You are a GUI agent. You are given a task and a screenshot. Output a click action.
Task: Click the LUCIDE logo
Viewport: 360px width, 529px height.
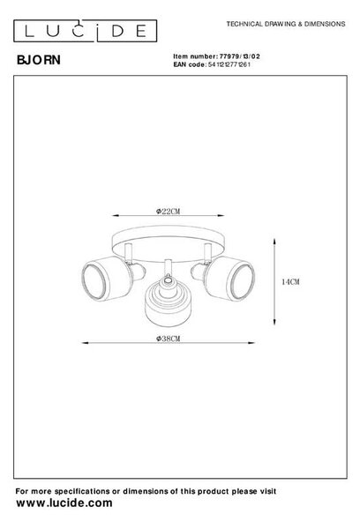pos(85,31)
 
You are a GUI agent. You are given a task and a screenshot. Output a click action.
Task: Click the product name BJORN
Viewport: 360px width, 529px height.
pos(39,60)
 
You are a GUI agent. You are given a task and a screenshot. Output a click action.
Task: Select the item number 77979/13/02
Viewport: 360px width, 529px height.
pos(240,56)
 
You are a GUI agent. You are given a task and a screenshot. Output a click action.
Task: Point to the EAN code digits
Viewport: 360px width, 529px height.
pos(229,64)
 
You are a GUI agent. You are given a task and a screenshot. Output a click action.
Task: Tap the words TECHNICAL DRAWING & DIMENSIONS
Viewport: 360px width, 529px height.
pos(286,24)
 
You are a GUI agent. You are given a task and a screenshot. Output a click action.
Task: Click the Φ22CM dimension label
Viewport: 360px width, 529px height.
pos(168,212)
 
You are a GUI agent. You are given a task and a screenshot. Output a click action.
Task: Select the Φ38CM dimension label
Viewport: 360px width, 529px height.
pos(168,339)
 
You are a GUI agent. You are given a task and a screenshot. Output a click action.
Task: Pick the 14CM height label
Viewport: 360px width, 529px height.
pos(290,282)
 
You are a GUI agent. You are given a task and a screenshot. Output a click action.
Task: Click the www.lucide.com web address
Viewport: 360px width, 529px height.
pos(64,503)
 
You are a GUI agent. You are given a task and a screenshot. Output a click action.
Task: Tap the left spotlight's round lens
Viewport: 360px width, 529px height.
pos(94,281)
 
